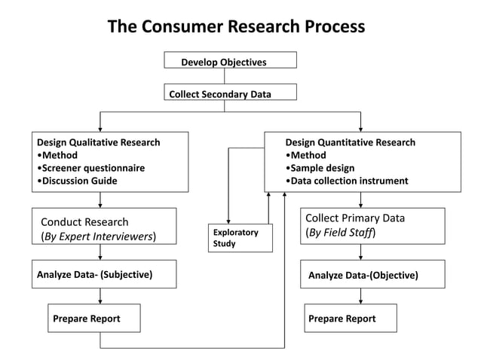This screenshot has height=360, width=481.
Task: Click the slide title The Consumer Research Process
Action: click(236, 27)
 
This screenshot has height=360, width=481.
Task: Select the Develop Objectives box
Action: click(230, 61)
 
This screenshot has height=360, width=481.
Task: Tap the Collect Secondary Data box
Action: click(230, 93)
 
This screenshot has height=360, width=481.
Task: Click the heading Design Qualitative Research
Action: click(98, 142)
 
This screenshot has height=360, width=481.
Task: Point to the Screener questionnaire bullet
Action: click(93, 168)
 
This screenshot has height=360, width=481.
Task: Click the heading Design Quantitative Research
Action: click(350, 142)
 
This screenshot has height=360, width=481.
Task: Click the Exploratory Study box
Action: click(240, 238)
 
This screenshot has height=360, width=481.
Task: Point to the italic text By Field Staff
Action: click(341, 233)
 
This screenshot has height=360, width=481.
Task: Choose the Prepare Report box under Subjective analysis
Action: click(93, 318)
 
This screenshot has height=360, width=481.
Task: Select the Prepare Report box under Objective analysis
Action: click(351, 318)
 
